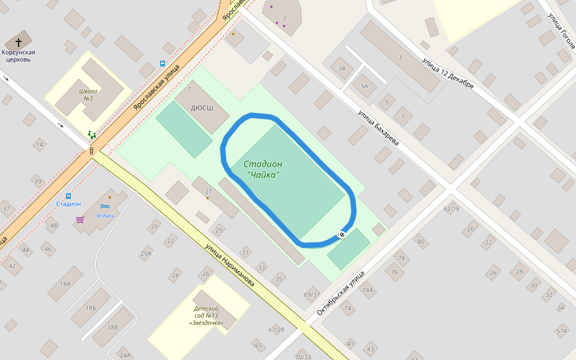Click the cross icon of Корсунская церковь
19,42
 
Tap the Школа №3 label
88,95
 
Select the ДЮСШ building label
202,109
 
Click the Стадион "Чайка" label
263,169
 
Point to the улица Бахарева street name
378,128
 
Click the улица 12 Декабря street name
448,73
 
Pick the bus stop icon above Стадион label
68,196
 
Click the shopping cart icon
80,220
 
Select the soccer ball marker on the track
341,234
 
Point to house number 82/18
451,208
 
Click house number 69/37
312,295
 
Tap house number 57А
562,331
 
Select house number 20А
146,254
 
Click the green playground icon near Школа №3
91,135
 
